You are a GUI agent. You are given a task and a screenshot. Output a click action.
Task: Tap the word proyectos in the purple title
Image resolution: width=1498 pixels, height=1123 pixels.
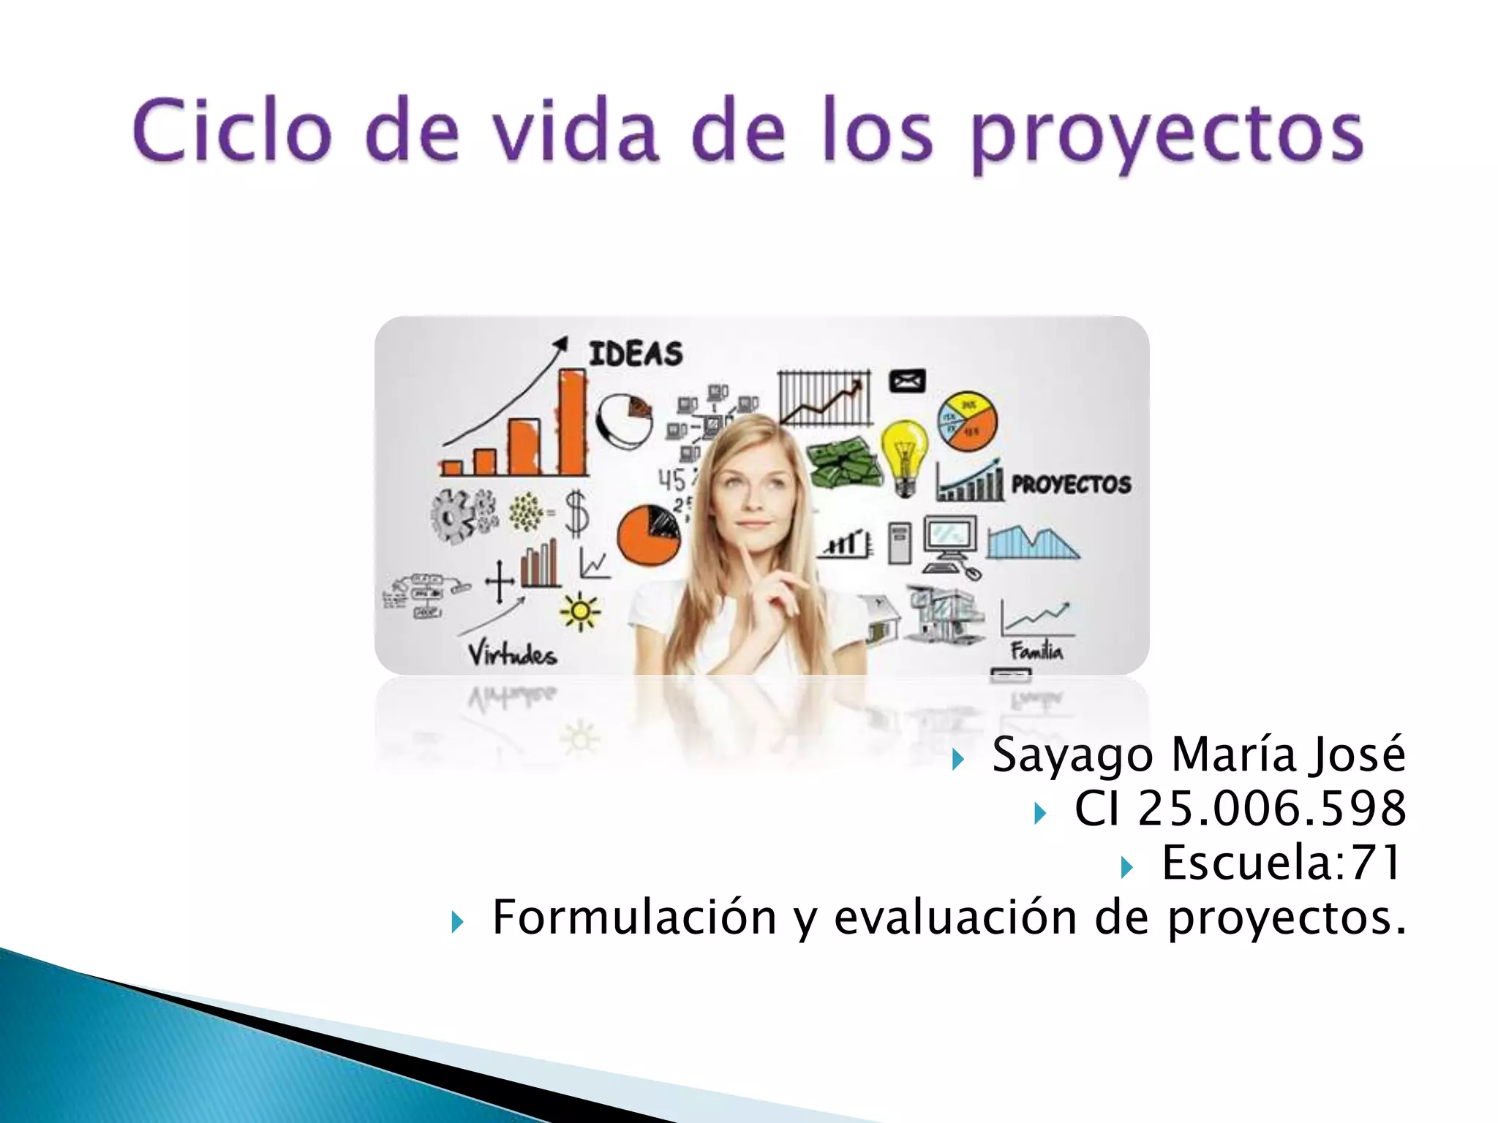click(x=1167, y=135)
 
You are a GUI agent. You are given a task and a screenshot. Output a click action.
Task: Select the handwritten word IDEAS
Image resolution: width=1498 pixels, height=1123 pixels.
click(x=636, y=355)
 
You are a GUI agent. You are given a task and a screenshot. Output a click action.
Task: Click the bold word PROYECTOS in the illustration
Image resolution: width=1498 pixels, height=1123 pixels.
click(x=1071, y=484)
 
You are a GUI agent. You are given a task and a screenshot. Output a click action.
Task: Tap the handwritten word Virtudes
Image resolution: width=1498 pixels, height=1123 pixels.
click(x=512, y=653)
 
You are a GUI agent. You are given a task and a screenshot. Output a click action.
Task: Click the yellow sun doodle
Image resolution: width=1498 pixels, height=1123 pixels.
click(x=580, y=611)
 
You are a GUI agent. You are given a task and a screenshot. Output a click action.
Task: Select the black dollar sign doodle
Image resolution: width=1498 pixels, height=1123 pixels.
click(x=577, y=513)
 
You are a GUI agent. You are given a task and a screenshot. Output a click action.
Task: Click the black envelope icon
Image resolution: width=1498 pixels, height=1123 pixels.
click(x=907, y=381)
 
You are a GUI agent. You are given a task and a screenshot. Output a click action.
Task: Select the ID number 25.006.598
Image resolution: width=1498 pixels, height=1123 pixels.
click(x=1271, y=809)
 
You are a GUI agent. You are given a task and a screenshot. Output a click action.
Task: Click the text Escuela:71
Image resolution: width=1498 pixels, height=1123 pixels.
click(x=1281, y=863)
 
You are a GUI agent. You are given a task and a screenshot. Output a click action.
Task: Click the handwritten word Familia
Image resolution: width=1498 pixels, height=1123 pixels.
click(x=1036, y=650)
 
